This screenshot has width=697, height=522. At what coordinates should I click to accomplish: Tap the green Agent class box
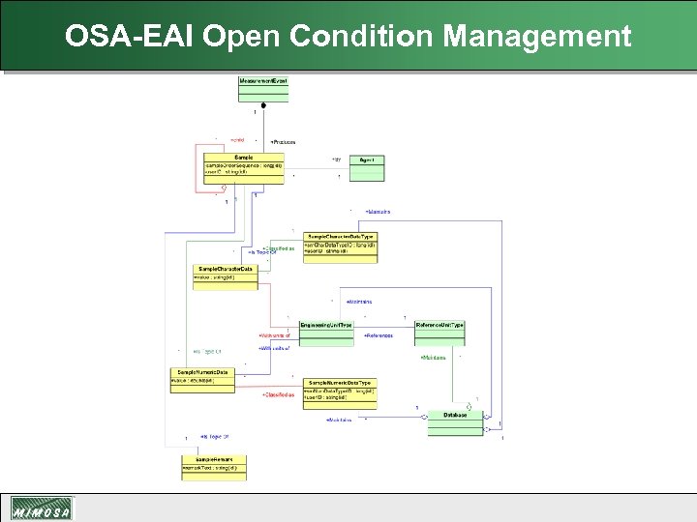(x=367, y=166)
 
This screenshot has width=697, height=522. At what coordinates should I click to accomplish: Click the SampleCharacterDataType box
(x=340, y=246)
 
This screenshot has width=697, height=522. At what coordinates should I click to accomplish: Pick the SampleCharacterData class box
(x=226, y=275)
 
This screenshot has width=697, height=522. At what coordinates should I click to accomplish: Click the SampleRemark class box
(x=214, y=466)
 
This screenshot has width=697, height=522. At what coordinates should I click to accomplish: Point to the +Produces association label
(x=284, y=142)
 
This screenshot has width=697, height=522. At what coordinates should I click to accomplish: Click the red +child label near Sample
(x=237, y=140)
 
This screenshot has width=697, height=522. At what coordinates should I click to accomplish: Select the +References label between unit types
(x=378, y=335)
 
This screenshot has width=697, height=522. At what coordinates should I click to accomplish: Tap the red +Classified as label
(x=279, y=395)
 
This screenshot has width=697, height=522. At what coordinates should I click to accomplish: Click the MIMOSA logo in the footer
(x=41, y=509)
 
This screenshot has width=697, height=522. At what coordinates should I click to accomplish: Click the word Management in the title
(x=537, y=37)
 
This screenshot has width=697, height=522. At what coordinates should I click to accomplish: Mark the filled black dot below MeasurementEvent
(x=263, y=104)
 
